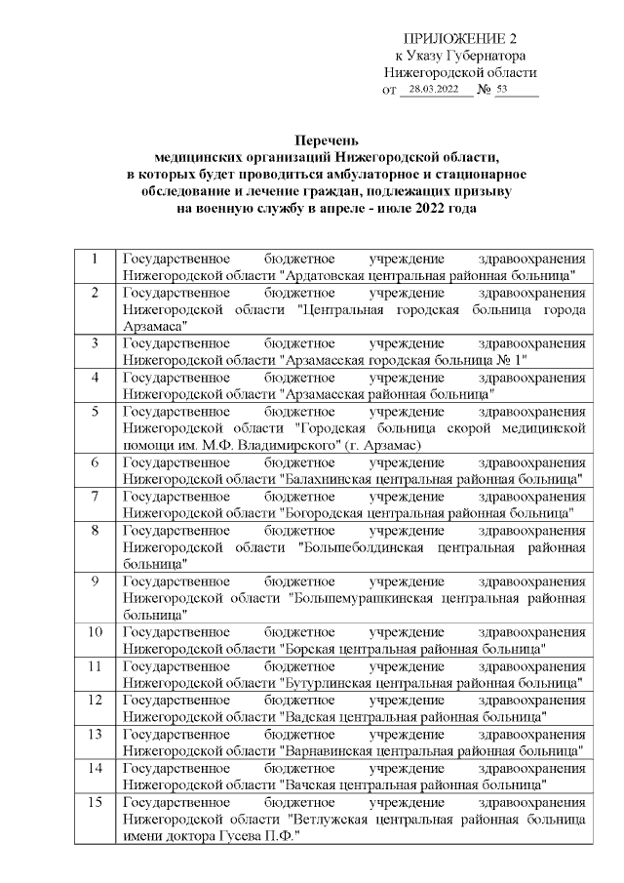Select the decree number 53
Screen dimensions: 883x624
click(x=502, y=90)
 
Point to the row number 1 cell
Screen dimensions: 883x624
click(x=95, y=260)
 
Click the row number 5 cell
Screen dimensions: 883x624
click(x=95, y=411)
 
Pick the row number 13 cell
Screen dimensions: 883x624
click(x=95, y=733)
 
